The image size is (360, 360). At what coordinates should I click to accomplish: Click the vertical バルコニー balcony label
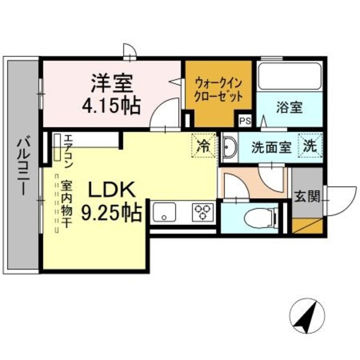pyautogui.click(x=22, y=166)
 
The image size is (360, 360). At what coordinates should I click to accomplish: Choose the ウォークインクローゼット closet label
pyautogui.click(x=218, y=89)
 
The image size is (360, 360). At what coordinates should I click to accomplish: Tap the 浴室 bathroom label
pyautogui.click(x=289, y=108)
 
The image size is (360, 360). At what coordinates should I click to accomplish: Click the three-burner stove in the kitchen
pyautogui.click(x=202, y=212)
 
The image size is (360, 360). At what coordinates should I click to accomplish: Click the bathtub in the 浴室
pyautogui.click(x=290, y=76)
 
